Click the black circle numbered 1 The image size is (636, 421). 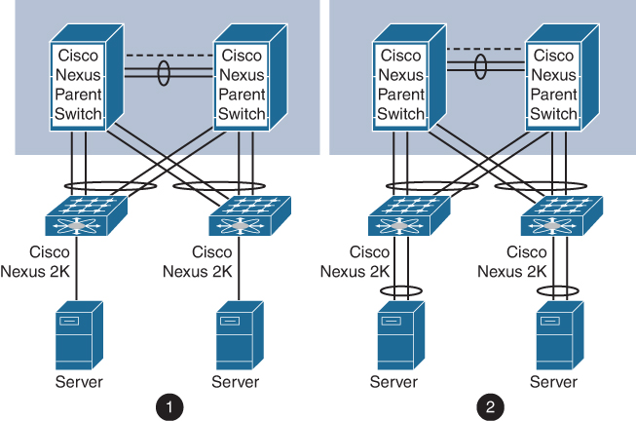170,403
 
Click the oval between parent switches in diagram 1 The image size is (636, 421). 164,74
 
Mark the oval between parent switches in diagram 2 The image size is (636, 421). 480,68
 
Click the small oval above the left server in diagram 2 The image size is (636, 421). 400,289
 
